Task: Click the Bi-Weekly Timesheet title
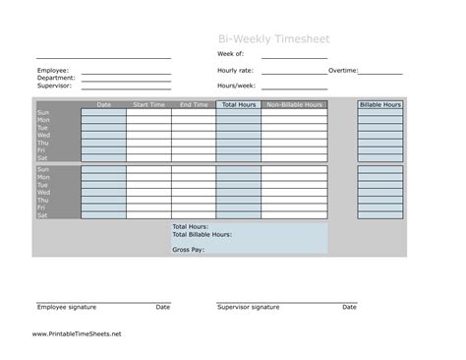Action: click(274, 38)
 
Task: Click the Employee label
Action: click(53, 71)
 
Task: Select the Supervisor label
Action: click(55, 86)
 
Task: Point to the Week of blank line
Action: click(294, 58)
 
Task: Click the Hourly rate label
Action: click(237, 71)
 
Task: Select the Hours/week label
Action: click(237, 86)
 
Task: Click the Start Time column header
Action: click(148, 104)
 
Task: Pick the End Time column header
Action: click(194, 104)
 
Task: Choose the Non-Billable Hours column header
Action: click(294, 104)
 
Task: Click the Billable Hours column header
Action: click(379, 104)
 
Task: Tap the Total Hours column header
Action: click(239, 104)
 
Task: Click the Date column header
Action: click(104, 104)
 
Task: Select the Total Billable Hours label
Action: click(202, 234)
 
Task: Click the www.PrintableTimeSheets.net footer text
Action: click(77, 333)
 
